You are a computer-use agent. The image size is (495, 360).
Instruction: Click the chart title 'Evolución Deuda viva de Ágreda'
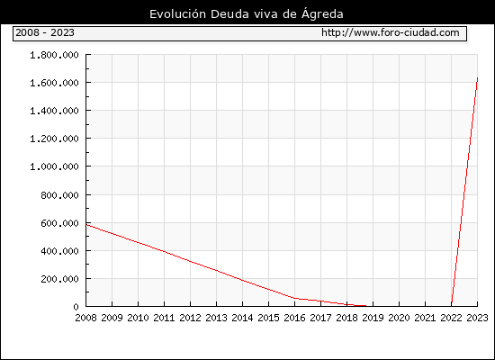click(247, 14)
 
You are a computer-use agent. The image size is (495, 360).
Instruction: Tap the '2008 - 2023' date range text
click(45, 32)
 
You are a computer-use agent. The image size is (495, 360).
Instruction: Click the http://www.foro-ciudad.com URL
click(391, 32)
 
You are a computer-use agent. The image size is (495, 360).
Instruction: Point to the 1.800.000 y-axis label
click(54, 55)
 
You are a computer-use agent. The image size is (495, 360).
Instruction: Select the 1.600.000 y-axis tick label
click(54, 83)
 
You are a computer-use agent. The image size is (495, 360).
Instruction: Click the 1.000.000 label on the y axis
click(54, 166)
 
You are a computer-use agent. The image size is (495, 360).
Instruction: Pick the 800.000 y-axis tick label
click(59, 195)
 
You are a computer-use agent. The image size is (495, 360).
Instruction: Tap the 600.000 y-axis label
click(59, 223)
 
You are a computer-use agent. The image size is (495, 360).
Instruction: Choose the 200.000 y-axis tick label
click(59, 279)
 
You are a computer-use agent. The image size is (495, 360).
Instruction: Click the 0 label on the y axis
click(76, 307)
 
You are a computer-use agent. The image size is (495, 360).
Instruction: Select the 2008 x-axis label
click(85, 318)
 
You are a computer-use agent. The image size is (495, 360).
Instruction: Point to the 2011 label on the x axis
click(164, 318)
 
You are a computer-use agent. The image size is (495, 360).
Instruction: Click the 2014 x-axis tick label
click(242, 318)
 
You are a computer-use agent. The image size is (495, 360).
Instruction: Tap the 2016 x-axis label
click(294, 318)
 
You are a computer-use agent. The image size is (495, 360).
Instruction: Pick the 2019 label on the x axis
click(373, 318)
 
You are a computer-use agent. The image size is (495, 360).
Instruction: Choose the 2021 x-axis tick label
click(425, 318)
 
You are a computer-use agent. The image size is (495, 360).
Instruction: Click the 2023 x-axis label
click(477, 318)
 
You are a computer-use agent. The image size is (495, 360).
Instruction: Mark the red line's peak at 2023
click(477, 77)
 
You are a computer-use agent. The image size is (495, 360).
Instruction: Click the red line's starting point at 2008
click(86, 224)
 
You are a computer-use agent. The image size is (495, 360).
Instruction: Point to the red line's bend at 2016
click(294, 298)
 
